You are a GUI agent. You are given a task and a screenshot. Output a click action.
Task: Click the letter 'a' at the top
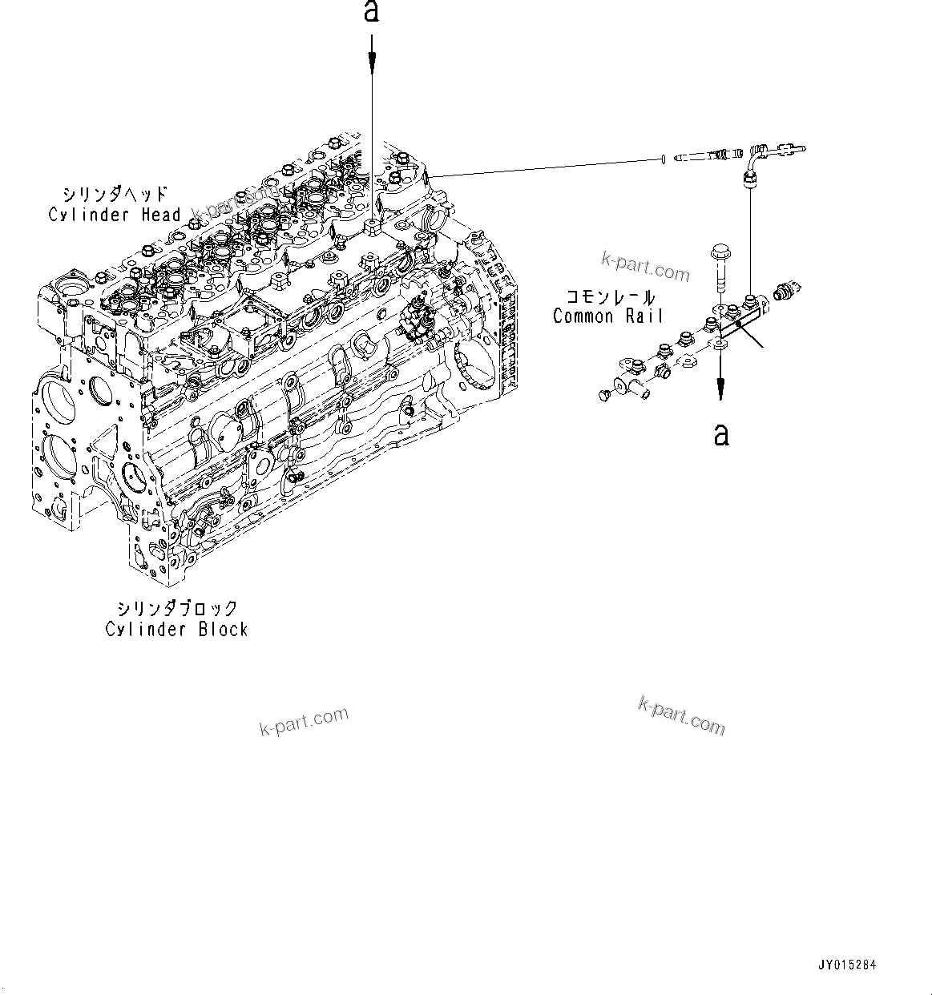point(371,12)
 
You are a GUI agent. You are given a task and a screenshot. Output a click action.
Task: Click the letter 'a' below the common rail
point(721,434)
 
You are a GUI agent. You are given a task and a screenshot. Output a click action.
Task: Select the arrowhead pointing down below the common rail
point(721,390)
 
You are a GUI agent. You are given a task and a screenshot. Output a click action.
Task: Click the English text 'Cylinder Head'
point(115,215)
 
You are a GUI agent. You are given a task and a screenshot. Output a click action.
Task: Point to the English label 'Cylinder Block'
point(176,630)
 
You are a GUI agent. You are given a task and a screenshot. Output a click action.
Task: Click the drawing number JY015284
point(848,965)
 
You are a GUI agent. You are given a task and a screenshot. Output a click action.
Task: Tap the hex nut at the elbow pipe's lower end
point(748,182)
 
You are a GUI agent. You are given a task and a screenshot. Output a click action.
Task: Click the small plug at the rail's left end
point(606,394)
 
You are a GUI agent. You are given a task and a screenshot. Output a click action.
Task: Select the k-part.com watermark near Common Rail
point(646,267)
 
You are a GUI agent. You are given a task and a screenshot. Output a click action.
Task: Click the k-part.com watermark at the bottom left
point(305,721)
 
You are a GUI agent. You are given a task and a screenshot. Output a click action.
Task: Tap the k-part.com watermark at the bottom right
point(682,715)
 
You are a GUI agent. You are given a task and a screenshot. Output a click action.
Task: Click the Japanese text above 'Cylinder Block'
point(176,609)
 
